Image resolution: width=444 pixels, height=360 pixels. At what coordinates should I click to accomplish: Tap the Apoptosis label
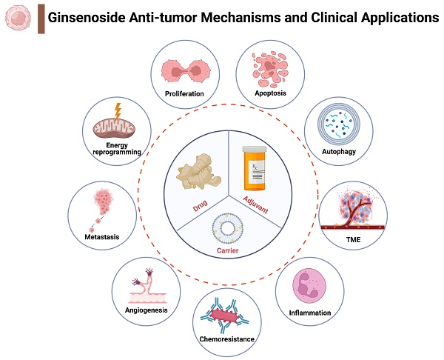point(270,93)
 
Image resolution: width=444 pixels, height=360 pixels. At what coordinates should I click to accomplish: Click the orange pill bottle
point(257,169)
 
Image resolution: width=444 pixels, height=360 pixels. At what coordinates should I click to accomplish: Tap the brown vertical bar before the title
point(41,18)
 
